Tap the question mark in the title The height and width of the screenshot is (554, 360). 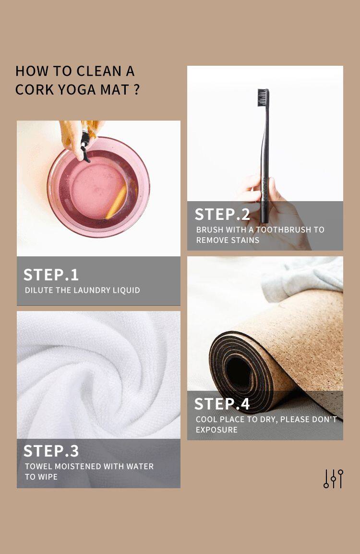tap(137, 89)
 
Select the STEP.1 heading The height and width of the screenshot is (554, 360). tap(51, 275)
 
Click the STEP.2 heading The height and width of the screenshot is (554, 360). tap(222, 215)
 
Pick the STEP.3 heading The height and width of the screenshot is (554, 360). tap(51, 451)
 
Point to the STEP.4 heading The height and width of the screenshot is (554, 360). tap(222, 404)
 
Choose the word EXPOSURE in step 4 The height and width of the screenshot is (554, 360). tap(216, 430)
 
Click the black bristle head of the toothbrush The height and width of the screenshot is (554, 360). tap(263, 97)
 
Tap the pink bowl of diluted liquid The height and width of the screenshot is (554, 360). tap(98, 187)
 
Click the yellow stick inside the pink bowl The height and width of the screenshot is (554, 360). tap(116, 202)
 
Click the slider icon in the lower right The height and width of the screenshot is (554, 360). tap(333, 479)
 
